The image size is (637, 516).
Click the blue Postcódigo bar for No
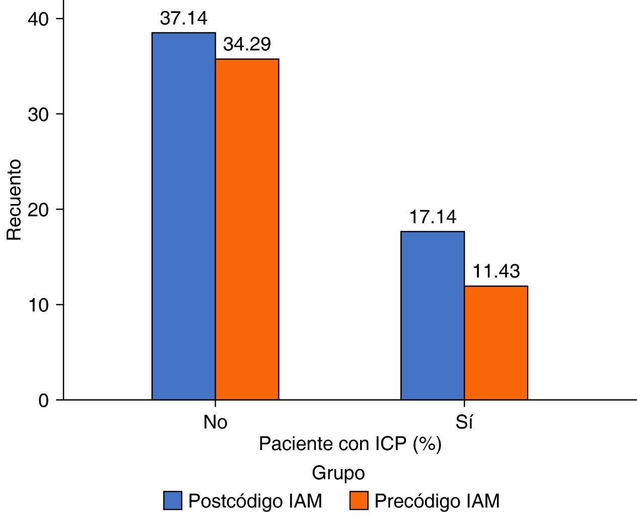(x=184, y=216)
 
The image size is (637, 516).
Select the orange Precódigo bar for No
(x=247, y=229)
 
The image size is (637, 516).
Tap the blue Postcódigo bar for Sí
(x=433, y=315)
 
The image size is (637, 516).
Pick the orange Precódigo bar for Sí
(x=496, y=343)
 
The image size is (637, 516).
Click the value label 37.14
(x=183, y=19)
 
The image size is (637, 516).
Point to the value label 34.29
(x=247, y=44)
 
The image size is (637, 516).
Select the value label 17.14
(x=433, y=217)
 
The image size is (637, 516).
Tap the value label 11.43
(x=496, y=272)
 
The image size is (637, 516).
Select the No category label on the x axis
(x=216, y=422)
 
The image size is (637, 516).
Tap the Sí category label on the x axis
(x=464, y=422)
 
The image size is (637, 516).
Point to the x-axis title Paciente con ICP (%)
(x=350, y=444)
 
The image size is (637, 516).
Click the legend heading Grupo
(x=338, y=474)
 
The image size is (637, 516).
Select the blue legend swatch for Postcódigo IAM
(x=172, y=501)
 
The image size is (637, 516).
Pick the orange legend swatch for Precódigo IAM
(x=359, y=501)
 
